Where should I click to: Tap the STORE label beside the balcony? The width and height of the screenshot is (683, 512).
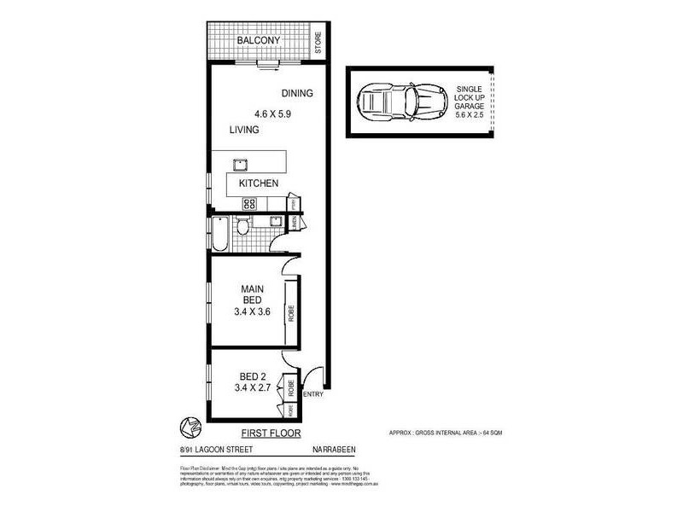(x=318, y=43)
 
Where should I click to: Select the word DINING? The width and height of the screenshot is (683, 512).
(x=297, y=94)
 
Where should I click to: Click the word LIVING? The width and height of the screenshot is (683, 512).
(x=243, y=131)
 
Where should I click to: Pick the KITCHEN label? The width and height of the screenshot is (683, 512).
(x=259, y=183)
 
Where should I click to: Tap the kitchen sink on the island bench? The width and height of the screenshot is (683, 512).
(x=239, y=165)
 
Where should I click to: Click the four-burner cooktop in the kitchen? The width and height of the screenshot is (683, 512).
(x=250, y=204)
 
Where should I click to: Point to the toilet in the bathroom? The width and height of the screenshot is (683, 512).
(x=243, y=226)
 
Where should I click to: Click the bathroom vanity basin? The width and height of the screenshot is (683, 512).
(x=276, y=222)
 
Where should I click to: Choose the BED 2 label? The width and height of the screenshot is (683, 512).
(x=254, y=376)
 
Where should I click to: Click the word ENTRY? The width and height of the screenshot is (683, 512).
(x=313, y=393)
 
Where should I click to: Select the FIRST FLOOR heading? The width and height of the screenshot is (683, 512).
(x=266, y=433)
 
